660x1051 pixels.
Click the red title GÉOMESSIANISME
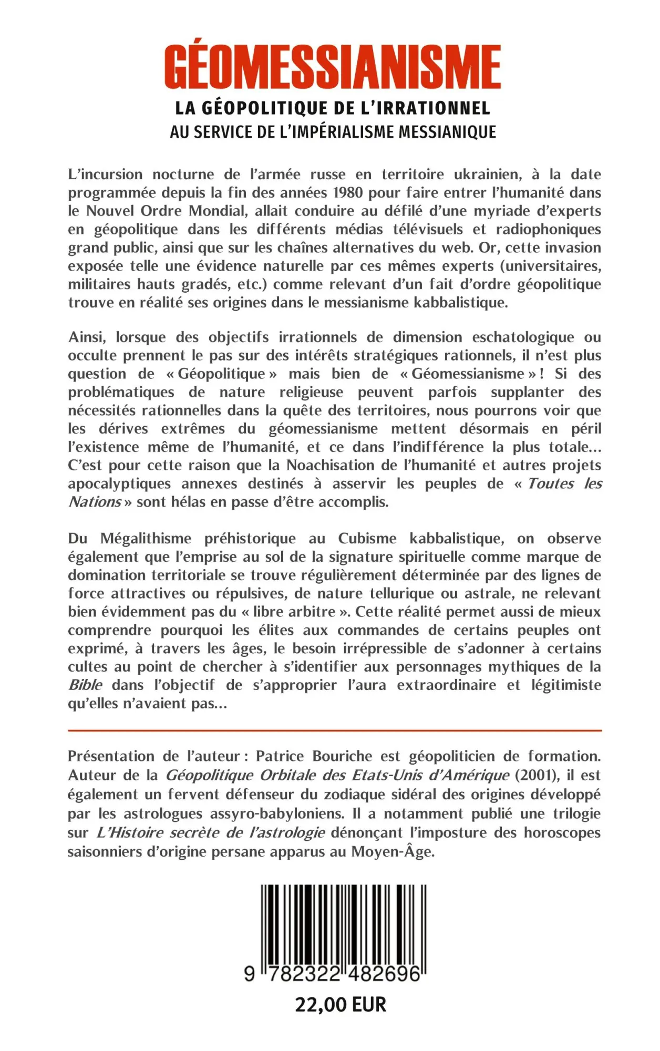click(332, 67)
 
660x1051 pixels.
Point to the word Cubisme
click(367, 539)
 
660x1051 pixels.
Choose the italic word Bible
click(85, 685)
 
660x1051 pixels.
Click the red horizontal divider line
click(334, 730)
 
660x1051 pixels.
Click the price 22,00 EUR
click(341, 1005)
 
